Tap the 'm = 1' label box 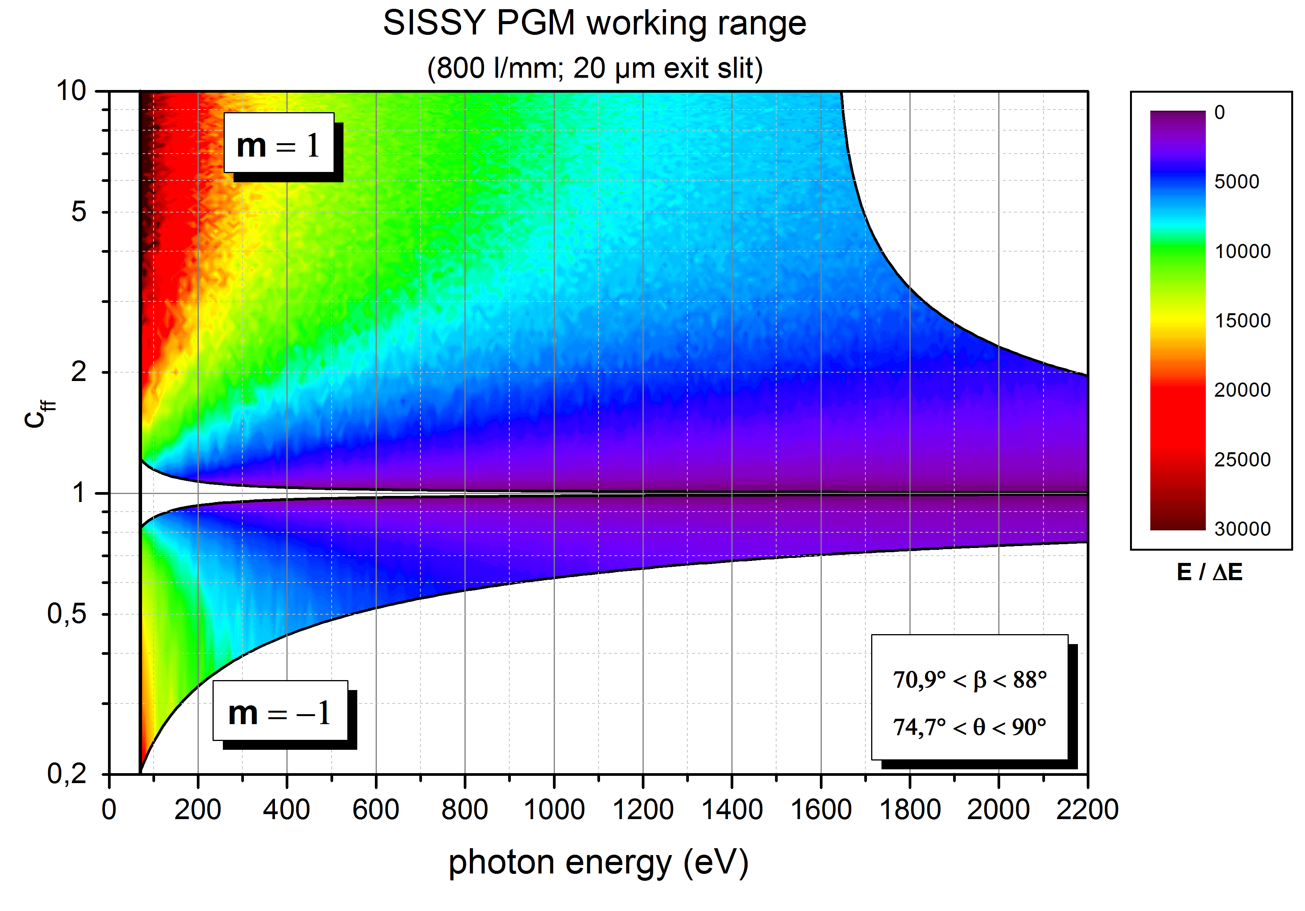pyautogui.click(x=278, y=143)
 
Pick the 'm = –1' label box pyautogui.click(x=280, y=711)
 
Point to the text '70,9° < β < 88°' pyautogui.click(x=970, y=680)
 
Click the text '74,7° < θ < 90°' pyautogui.click(x=970, y=727)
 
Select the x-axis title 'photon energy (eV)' pyautogui.click(x=598, y=863)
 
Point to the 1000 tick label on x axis pyautogui.click(x=554, y=809)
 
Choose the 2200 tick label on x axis pyautogui.click(x=1087, y=809)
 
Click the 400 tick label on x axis pyautogui.click(x=286, y=809)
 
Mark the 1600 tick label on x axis pyautogui.click(x=821, y=809)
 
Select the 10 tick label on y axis pyautogui.click(x=71, y=91)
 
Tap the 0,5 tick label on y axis pyautogui.click(x=67, y=614)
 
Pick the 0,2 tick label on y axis pyautogui.click(x=67, y=774)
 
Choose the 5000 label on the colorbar pyautogui.click(x=1237, y=182)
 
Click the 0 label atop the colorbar pyautogui.click(x=1220, y=113)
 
